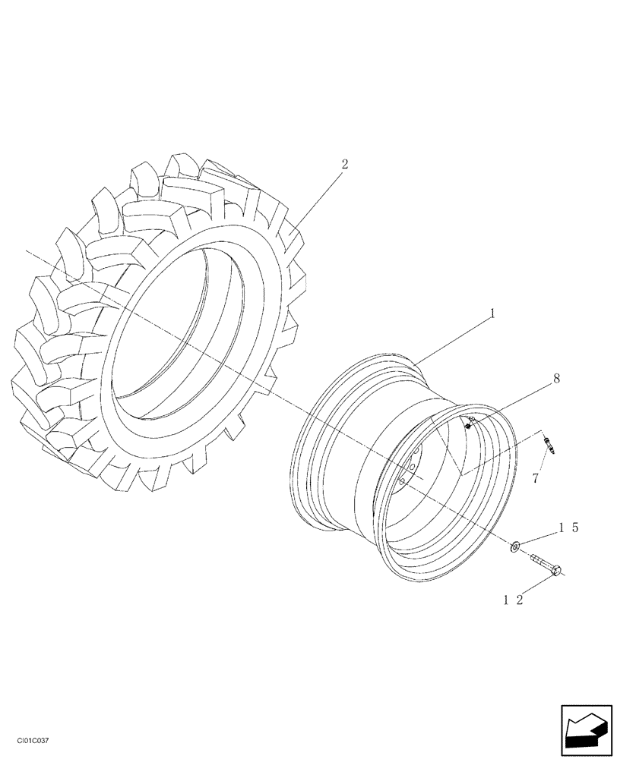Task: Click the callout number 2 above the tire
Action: click(345, 164)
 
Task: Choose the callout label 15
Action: click(569, 527)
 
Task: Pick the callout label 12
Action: click(515, 600)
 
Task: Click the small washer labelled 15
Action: click(514, 545)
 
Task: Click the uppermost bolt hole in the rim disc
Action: click(415, 455)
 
